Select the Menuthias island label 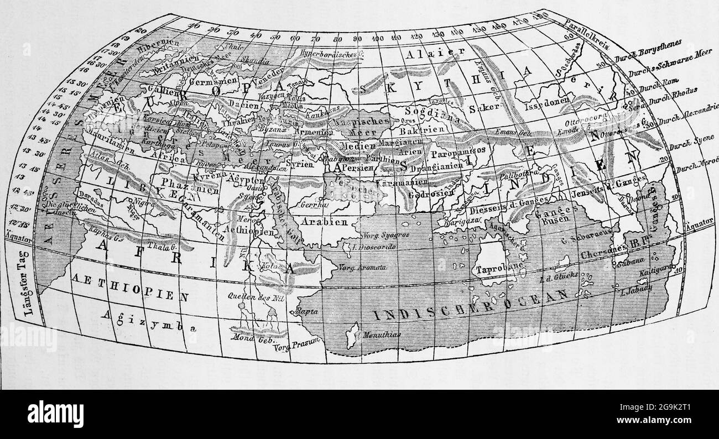pyautogui.click(x=379, y=335)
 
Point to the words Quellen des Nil pyautogui.click(x=248, y=296)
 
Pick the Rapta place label pyautogui.click(x=308, y=312)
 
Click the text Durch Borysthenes pyautogui.click(x=647, y=50)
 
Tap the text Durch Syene pyautogui.click(x=686, y=147)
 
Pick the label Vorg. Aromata pyautogui.click(x=364, y=268)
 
